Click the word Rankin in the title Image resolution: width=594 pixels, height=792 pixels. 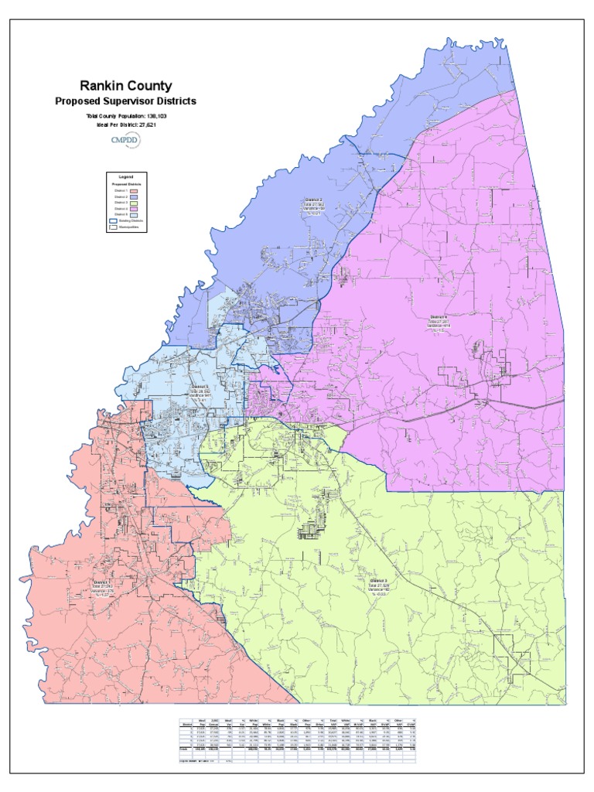click(x=104, y=86)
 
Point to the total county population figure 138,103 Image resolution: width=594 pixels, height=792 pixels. click(x=157, y=115)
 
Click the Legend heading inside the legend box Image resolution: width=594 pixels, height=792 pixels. click(x=126, y=178)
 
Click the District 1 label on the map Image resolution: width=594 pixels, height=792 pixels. click(x=103, y=582)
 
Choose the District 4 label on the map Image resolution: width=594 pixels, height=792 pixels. click(x=439, y=317)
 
